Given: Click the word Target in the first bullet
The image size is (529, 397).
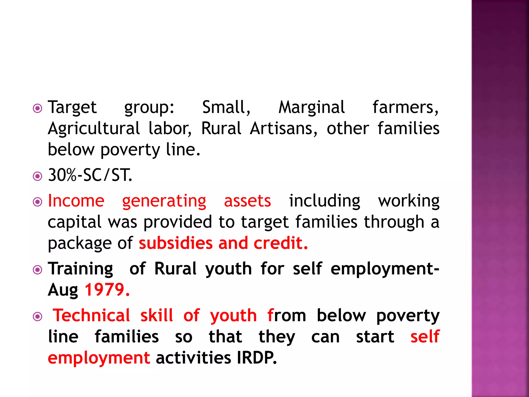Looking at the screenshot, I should pyautogui.click(x=72, y=107).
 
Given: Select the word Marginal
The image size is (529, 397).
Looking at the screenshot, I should pyautogui.click(x=312, y=107).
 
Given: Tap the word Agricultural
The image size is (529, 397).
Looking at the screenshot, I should pyautogui.click(x=94, y=128).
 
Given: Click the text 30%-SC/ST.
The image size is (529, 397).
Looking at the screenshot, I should pyautogui.click(x=90, y=175).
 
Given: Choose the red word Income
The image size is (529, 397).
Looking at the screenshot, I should pyautogui.click(x=76, y=201).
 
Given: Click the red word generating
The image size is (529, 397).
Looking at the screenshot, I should pyautogui.click(x=164, y=201).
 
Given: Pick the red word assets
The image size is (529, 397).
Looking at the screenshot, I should pyautogui.click(x=247, y=201).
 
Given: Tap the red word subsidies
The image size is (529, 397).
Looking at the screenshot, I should pyautogui.click(x=176, y=243).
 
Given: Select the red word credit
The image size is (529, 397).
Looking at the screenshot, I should pyautogui.click(x=281, y=243).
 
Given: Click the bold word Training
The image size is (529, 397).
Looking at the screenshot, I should pyautogui.click(x=81, y=269).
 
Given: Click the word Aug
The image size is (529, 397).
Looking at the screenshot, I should pyautogui.click(x=63, y=290).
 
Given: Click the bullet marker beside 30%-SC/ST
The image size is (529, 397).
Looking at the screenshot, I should pyautogui.click(x=38, y=177).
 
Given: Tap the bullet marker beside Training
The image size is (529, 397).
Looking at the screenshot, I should pyautogui.click(x=38, y=270).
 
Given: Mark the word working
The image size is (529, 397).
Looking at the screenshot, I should pyautogui.click(x=409, y=201).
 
